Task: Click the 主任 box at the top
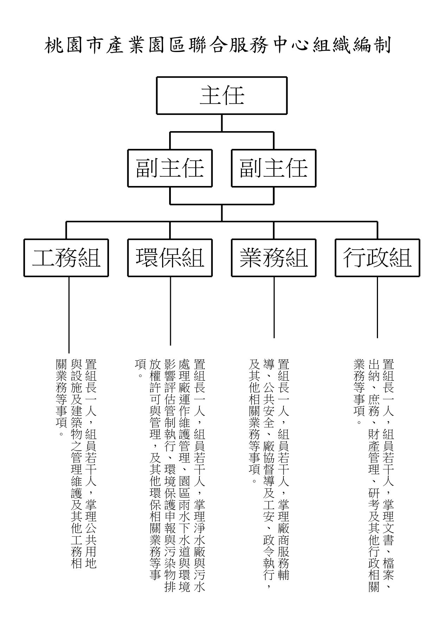point(222,96)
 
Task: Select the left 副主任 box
point(170,168)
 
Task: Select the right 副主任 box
point(274,168)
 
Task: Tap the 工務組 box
point(66,258)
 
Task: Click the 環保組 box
point(170,258)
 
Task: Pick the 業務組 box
point(274,258)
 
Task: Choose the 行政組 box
point(377,258)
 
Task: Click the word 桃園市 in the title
point(75,46)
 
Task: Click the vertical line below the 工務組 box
point(69,315)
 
